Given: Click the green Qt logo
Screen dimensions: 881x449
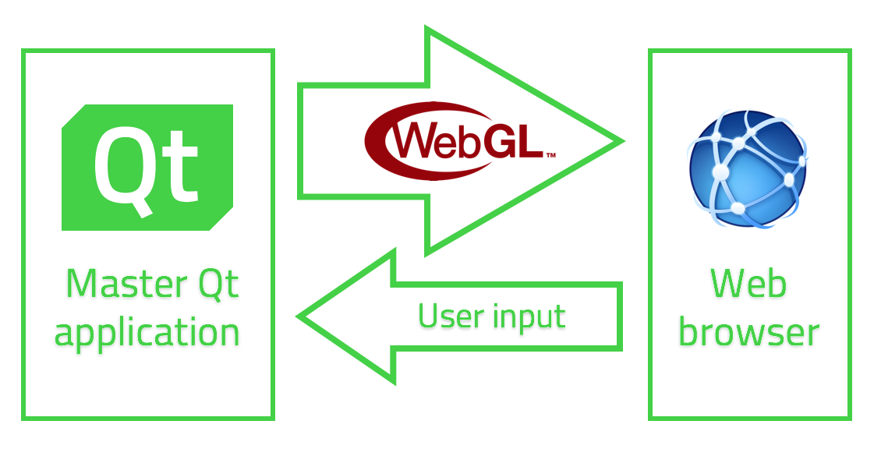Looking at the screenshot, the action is coord(147,168).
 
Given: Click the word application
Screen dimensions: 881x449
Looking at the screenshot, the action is coord(147,334).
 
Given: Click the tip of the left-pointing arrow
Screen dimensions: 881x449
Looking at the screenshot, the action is coord(298,317).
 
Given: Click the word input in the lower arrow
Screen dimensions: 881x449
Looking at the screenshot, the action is coord(529,318).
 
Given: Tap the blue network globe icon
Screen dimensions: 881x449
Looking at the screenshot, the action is coord(747,168).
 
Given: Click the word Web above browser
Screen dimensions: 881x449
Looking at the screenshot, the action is coord(748,283).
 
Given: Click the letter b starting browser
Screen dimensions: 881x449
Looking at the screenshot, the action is coord(689,331).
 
